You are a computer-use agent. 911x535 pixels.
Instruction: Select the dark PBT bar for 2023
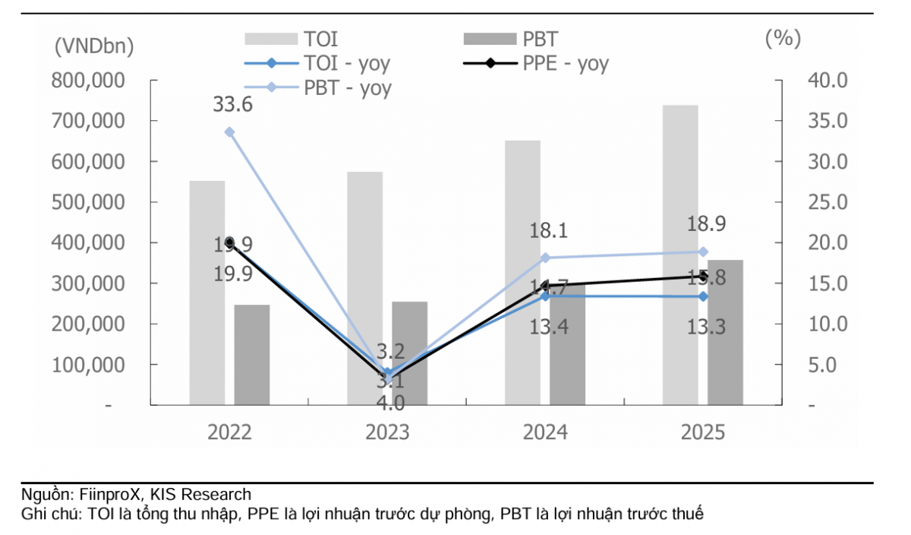point(410,353)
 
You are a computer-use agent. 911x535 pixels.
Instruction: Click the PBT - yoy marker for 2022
point(230,132)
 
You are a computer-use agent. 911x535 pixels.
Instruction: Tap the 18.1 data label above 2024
point(548,231)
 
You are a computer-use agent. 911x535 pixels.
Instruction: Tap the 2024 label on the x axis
point(545,432)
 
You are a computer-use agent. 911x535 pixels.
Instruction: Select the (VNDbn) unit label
point(93,46)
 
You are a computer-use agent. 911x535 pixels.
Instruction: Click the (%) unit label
point(783,38)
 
